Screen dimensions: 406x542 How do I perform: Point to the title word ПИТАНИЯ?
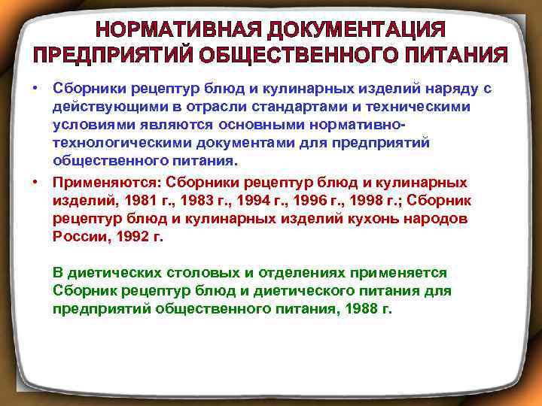459,56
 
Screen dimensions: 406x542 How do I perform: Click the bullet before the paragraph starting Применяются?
35,181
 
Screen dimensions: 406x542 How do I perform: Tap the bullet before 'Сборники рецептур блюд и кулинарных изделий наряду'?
35,89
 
